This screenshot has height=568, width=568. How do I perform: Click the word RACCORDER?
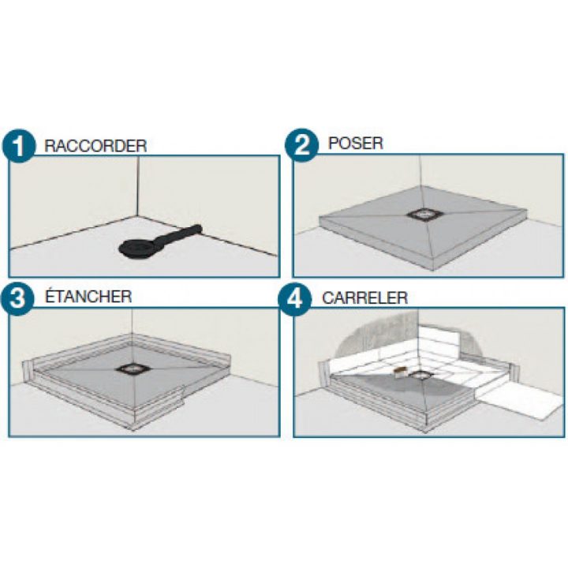click(x=95, y=146)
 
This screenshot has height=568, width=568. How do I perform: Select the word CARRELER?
click(x=364, y=298)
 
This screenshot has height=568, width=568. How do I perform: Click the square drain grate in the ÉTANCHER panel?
click(x=130, y=368)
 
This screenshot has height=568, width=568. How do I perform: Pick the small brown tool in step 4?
click(x=401, y=371)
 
